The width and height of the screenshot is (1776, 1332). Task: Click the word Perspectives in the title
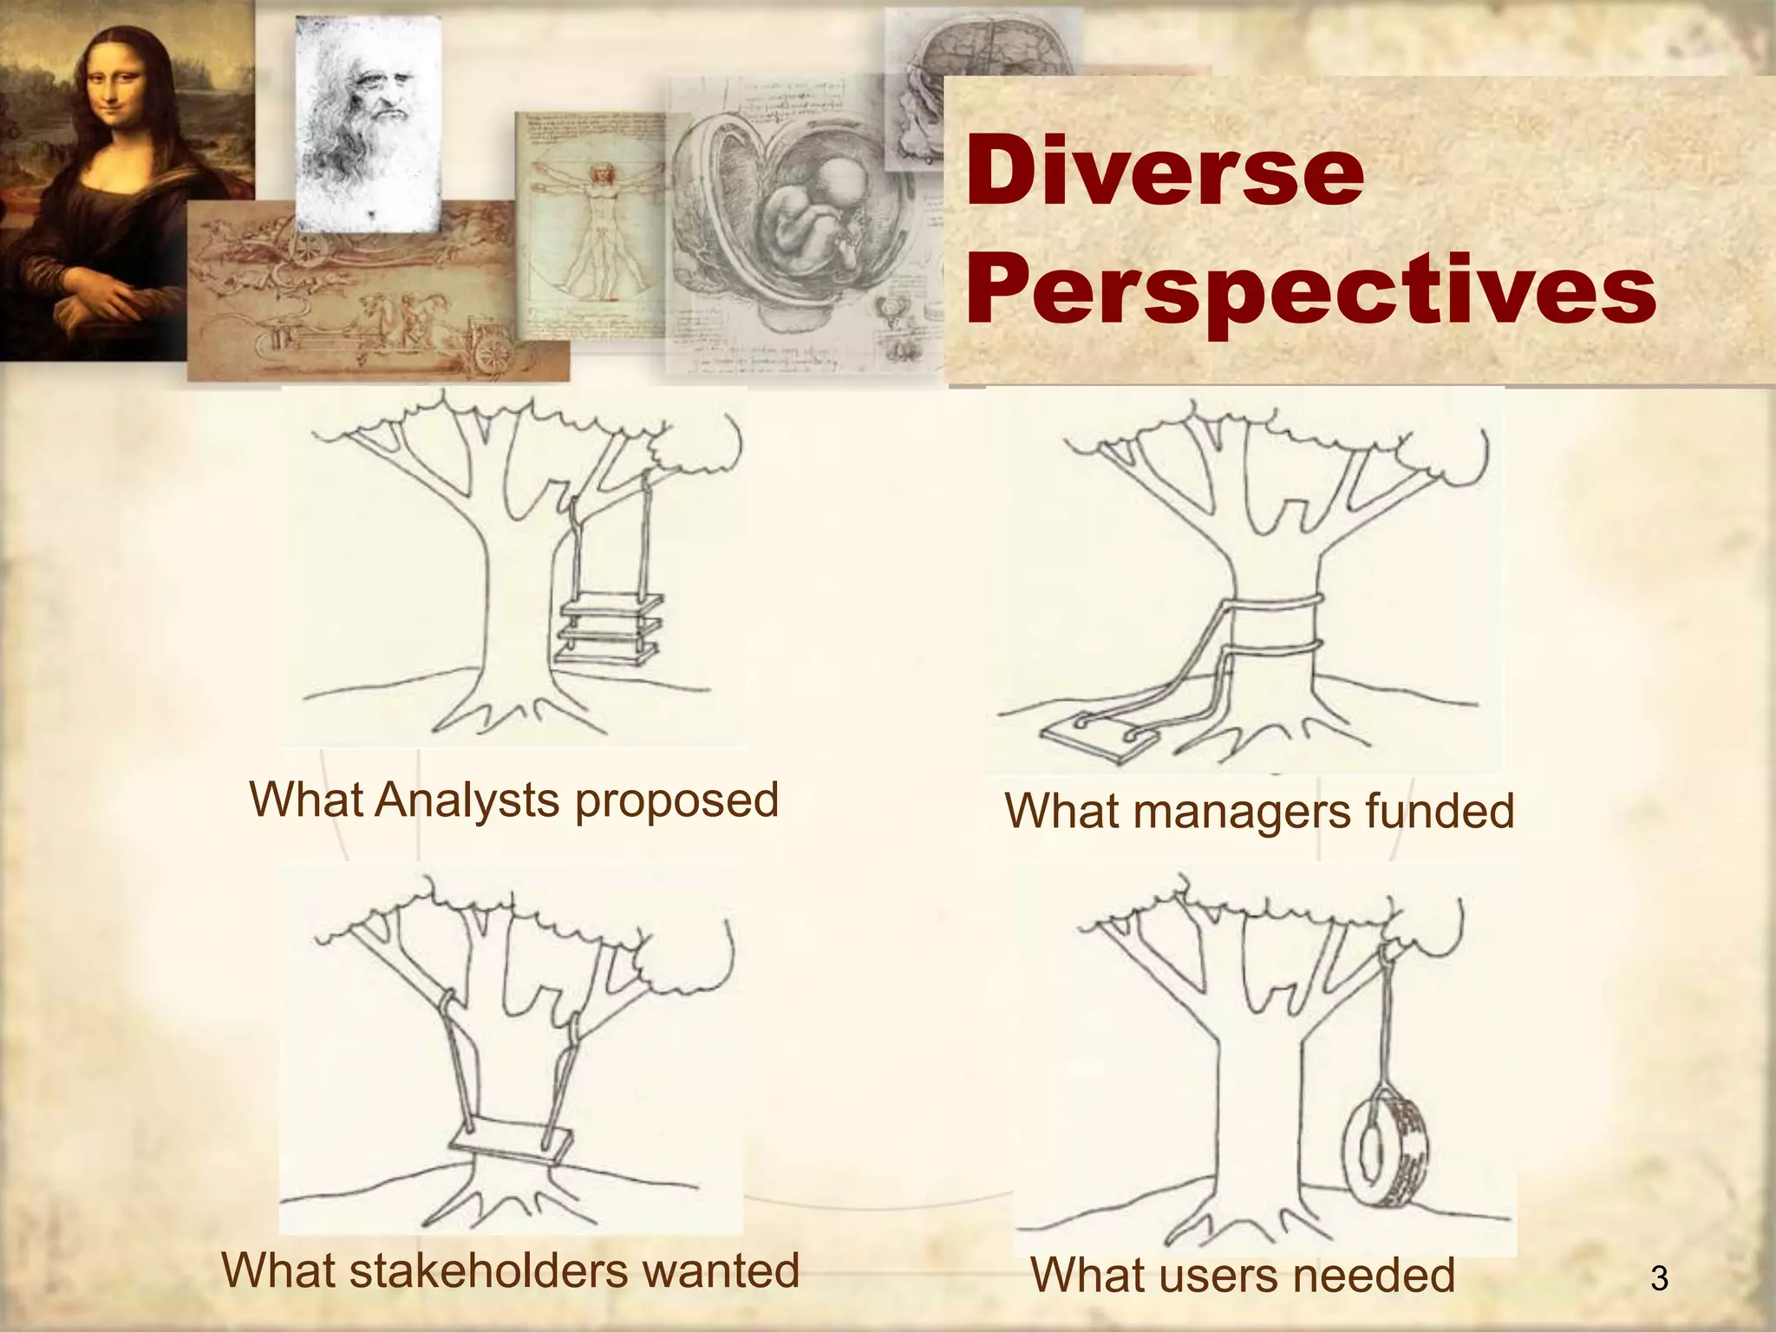(x=1310, y=291)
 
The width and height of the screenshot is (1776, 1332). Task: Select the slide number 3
(x=1659, y=1278)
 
